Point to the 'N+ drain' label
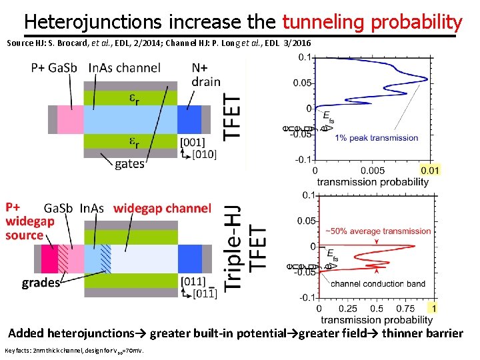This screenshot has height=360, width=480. [x=206, y=75]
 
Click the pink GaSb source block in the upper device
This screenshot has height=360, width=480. [x=69, y=119]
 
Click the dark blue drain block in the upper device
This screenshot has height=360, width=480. [x=189, y=119]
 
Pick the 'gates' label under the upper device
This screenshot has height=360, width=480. [x=129, y=164]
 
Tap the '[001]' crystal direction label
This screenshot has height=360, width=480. [x=193, y=142]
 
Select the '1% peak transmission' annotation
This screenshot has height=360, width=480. [x=377, y=138]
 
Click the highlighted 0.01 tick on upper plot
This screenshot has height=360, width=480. [x=430, y=171]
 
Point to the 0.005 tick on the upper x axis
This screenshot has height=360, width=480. [x=372, y=171]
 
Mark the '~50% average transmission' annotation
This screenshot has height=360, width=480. [x=378, y=231]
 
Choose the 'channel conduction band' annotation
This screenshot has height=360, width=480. [x=378, y=284]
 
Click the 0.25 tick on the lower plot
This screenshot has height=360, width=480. [x=348, y=309]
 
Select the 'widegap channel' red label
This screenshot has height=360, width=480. [x=162, y=209]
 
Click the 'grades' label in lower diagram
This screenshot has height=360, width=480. [x=41, y=283]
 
